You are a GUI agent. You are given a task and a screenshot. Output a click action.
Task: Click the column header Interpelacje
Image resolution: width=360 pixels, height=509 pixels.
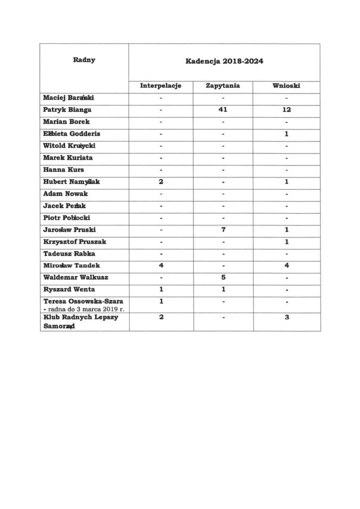pyautogui.click(x=161, y=86)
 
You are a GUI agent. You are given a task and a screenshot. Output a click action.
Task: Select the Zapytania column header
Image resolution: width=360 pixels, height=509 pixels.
pyautogui.click(x=223, y=86)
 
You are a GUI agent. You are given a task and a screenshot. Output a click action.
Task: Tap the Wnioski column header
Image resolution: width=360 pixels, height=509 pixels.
pyautogui.click(x=286, y=86)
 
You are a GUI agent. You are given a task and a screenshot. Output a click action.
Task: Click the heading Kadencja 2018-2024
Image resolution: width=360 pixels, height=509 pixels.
pyautogui.click(x=224, y=62)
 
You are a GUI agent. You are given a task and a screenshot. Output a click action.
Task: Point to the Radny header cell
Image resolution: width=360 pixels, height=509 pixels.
pyautogui.click(x=84, y=60)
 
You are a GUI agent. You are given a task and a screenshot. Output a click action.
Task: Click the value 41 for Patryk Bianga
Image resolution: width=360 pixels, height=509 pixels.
pyautogui.click(x=223, y=110)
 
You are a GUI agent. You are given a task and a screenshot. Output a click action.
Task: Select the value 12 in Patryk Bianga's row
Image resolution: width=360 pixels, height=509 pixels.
pyautogui.click(x=286, y=110)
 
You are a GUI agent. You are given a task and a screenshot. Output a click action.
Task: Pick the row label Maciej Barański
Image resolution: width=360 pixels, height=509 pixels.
pyautogui.click(x=68, y=98)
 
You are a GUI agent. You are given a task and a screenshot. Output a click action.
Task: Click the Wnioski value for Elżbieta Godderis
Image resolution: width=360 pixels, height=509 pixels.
pyautogui.click(x=286, y=134)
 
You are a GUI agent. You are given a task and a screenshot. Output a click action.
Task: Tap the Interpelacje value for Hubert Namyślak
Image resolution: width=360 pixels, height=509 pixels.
pyautogui.click(x=161, y=182)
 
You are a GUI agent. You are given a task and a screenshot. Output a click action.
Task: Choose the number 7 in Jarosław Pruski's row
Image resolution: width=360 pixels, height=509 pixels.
pyautogui.click(x=223, y=230)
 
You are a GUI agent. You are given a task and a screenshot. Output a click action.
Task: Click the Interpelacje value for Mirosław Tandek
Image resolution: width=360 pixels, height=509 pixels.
pyautogui.click(x=161, y=266)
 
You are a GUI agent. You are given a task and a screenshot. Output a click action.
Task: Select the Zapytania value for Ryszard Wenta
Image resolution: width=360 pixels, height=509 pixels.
pyautogui.click(x=223, y=290)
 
